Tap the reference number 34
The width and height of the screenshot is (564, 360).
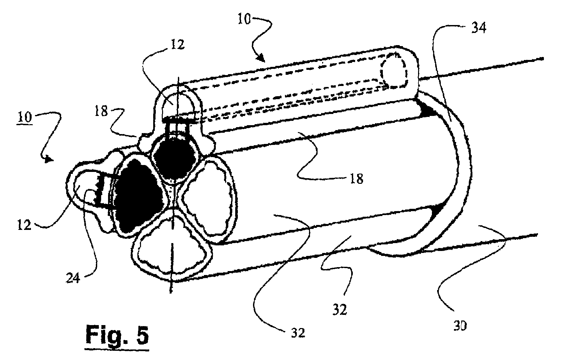click(x=479, y=28)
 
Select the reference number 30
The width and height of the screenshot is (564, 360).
click(x=460, y=326)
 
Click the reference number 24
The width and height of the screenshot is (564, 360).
click(x=73, y=278)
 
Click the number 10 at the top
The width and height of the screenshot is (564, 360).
click(x=244, y=19)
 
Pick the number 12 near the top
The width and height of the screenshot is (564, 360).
click(x=178, y=45)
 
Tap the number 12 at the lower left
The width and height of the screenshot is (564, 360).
click(x=24, y=225)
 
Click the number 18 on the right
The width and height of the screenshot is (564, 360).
click(x=356, y=179)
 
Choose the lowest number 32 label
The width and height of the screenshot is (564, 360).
click(x=298, y=333)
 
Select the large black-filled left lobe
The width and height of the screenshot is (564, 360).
click(x=137, y=196)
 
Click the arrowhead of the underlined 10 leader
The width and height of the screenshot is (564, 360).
click(x=49, y=159)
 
